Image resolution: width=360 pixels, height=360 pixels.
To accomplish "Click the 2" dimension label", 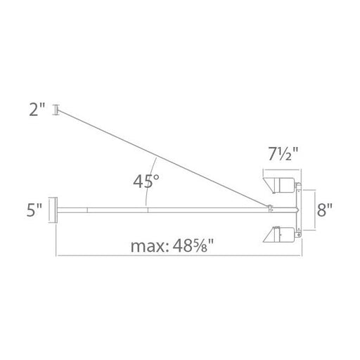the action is pos(37,110).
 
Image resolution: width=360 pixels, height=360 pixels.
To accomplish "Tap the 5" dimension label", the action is pos(34,210).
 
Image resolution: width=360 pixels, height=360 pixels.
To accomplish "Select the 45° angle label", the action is pos(146,181).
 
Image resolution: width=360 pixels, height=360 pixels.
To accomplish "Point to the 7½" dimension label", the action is pos(283,154).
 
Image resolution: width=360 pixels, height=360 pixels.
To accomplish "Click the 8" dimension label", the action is pos(325,210).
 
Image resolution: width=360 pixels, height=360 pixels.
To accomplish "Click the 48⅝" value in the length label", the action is pos(193,245).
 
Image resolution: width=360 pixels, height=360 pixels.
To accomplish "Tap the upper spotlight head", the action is pos(279,186).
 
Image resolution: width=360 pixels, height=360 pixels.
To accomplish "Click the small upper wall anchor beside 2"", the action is pos(56,110).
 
